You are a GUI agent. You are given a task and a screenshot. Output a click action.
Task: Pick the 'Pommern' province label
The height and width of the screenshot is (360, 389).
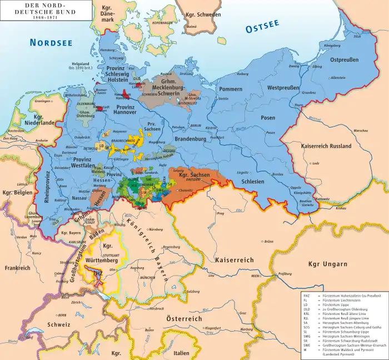(x=231, y=88)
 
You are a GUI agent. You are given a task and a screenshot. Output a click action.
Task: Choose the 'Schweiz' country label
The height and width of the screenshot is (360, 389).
(x=59, y=324)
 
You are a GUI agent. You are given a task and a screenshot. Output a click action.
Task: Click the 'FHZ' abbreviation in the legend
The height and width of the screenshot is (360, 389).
(x=307, y=295)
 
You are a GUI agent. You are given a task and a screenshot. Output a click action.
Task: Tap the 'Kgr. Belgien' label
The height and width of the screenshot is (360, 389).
(x=15, y=193)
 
